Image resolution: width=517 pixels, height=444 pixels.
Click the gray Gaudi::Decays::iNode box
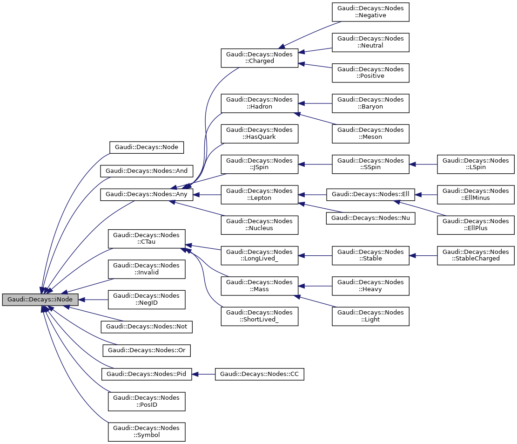pos(40,300)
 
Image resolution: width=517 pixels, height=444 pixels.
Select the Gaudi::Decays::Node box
pos(147,147)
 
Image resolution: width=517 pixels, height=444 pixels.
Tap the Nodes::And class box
pos(147,171)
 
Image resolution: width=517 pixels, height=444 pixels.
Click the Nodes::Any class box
pos(147,195)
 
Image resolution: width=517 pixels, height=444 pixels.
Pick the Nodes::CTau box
pos(147,239)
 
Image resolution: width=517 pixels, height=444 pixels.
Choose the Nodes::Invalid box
pos(147,269)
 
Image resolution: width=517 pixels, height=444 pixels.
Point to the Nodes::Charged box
pos(259,57)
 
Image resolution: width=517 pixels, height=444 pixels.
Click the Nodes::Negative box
pos(370,12)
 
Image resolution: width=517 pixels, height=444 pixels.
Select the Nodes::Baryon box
pos(370,103)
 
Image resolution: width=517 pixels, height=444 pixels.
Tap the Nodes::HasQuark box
pos(259,133)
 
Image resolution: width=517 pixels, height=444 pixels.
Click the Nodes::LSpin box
pos(476,164)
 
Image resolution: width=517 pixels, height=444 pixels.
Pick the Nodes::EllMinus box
pos(476,194)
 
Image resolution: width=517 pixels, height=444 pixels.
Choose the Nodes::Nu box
pos(370,218)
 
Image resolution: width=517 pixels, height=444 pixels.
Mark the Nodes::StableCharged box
pos(476,255)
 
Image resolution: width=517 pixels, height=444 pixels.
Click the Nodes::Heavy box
pos(370,286)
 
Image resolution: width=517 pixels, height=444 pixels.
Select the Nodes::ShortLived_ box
pos(259,316)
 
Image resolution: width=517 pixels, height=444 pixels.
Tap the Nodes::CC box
pos(259,374)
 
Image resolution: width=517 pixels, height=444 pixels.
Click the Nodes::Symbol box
pos(147,431)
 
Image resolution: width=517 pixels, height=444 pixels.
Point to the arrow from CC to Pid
pos(203,374)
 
